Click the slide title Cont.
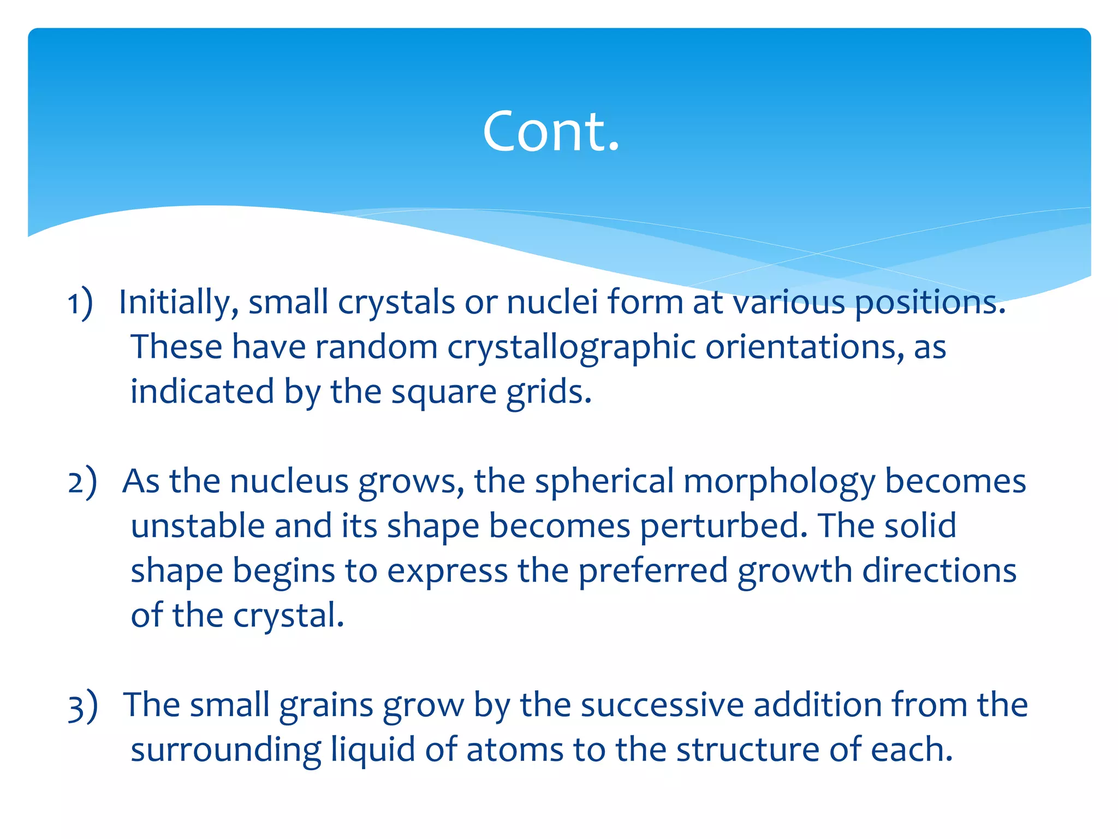tap(551, 131)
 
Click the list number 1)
tap(80, 303)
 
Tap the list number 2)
tap(82, 482)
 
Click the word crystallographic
tap(572, 347)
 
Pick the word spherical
tap(604, 482)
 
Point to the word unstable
tap(198, 526)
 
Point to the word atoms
tap(515, 750)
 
